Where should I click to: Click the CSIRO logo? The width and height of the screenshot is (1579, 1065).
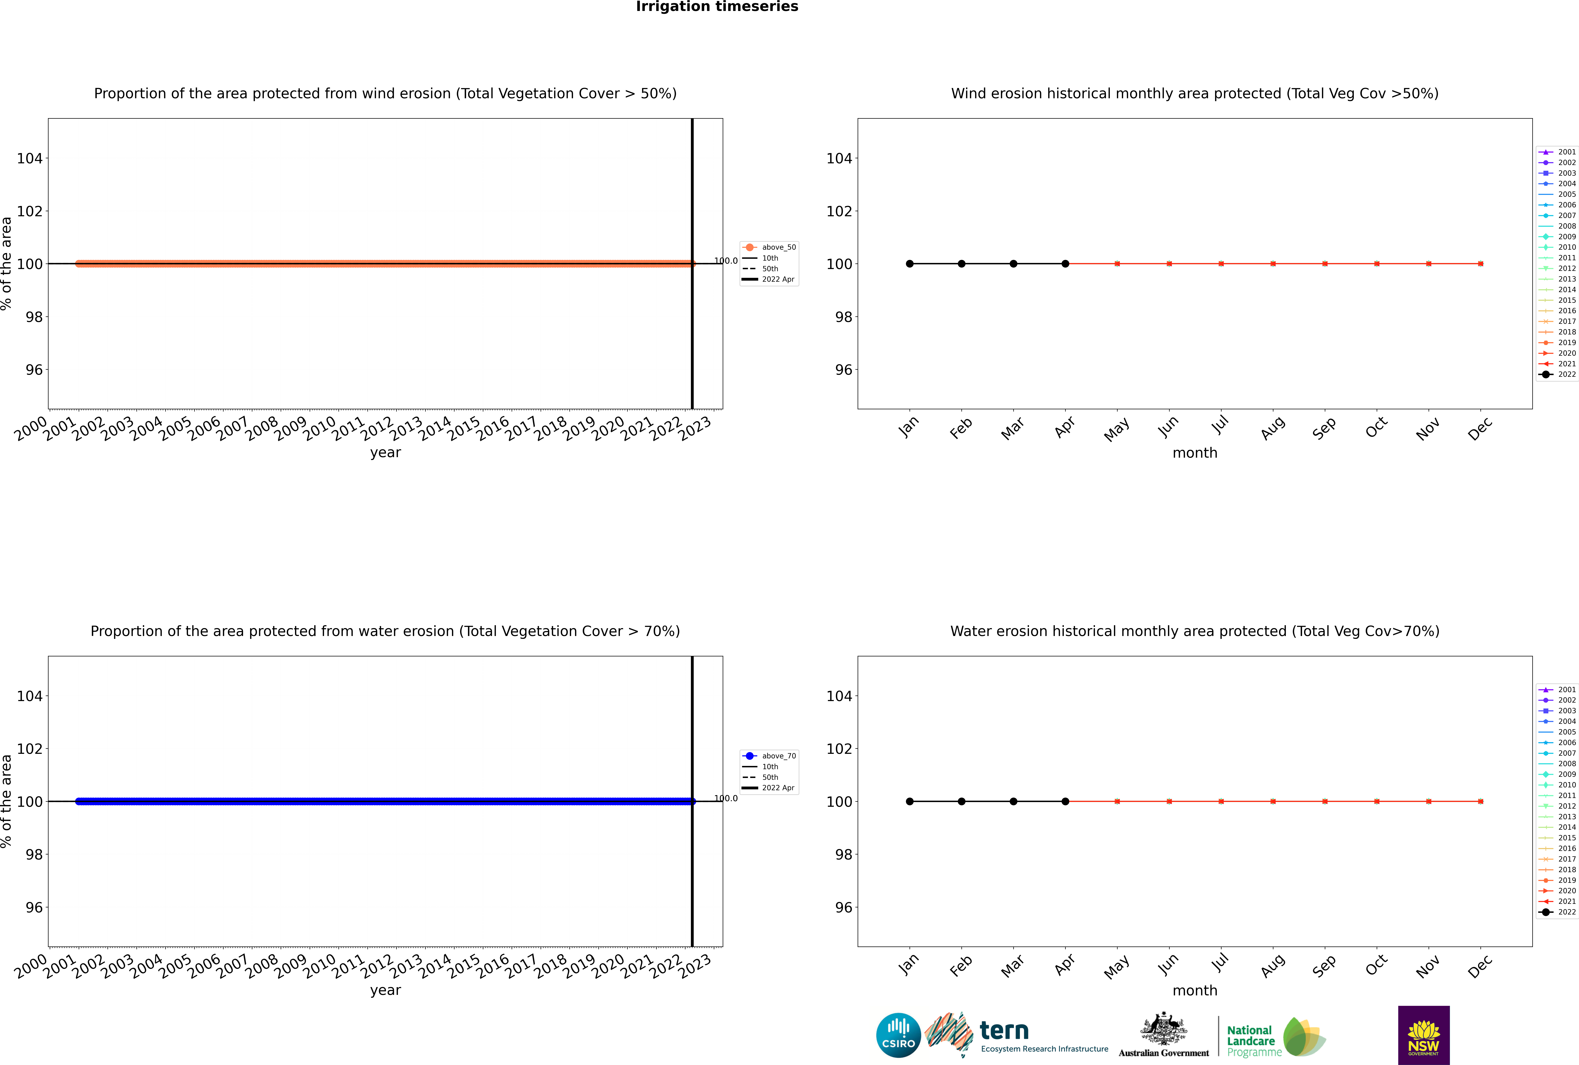pos(898,1035)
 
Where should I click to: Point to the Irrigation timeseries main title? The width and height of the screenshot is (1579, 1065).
pos(717,7)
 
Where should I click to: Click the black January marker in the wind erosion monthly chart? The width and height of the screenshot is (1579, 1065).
pos(910,263)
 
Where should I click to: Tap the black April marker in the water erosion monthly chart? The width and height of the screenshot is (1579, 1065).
pos(1065,802)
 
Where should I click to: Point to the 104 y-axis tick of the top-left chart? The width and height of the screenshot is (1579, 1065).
pos(30,158)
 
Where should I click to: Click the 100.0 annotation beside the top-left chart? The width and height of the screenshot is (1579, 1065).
pos(726,261)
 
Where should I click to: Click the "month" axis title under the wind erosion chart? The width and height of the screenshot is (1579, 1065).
pos(1195,453)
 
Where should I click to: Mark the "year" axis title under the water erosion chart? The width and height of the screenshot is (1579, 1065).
pos(386,990)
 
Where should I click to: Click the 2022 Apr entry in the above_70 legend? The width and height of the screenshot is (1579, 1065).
pos(777,788)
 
